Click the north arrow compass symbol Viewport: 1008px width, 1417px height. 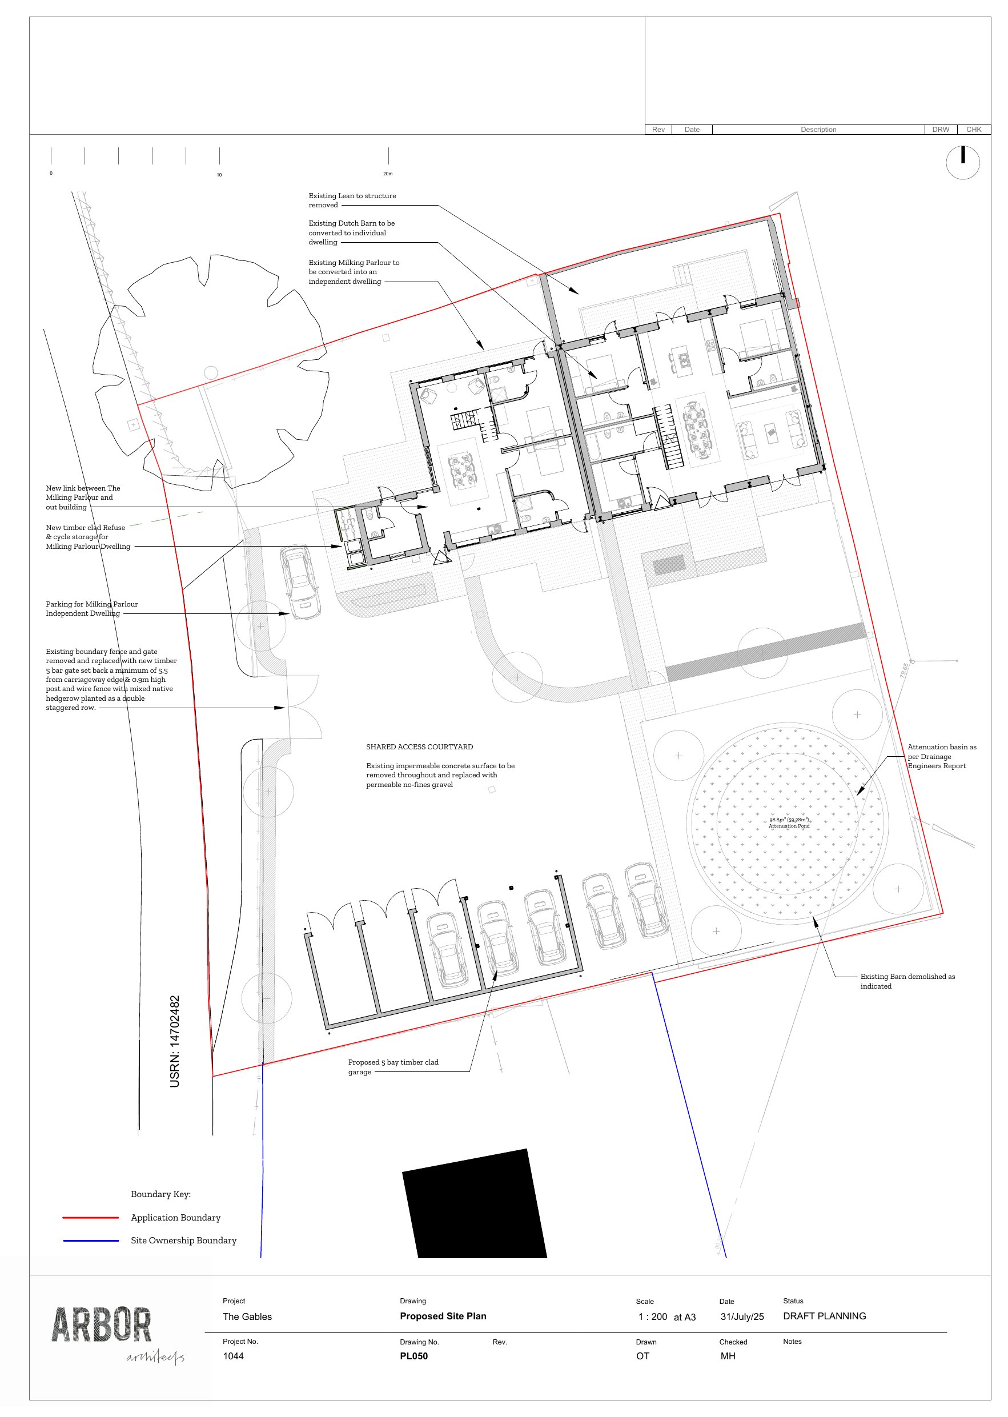[962, 162]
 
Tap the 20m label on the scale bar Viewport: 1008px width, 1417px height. [387, 174]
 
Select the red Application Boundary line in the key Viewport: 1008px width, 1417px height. [91, 1217]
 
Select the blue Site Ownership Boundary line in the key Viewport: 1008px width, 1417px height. [91, 1240]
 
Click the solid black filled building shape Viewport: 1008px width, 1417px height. [474, 1203]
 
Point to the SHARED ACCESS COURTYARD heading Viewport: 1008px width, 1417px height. [419, 746]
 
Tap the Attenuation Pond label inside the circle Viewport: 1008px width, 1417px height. [789, 825]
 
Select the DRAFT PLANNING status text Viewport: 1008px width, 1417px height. [824, 1316]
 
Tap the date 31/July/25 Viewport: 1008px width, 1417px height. [742, 1316]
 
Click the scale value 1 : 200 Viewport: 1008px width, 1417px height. [652, 1316]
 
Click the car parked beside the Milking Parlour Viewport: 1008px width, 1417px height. [300, 582]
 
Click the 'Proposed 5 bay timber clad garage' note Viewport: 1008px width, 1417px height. [393, 1066]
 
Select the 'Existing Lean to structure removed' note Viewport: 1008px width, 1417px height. [352, 200]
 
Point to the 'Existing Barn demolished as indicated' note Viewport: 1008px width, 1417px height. [907, 981]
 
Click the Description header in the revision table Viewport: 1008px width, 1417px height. [818, 129]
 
